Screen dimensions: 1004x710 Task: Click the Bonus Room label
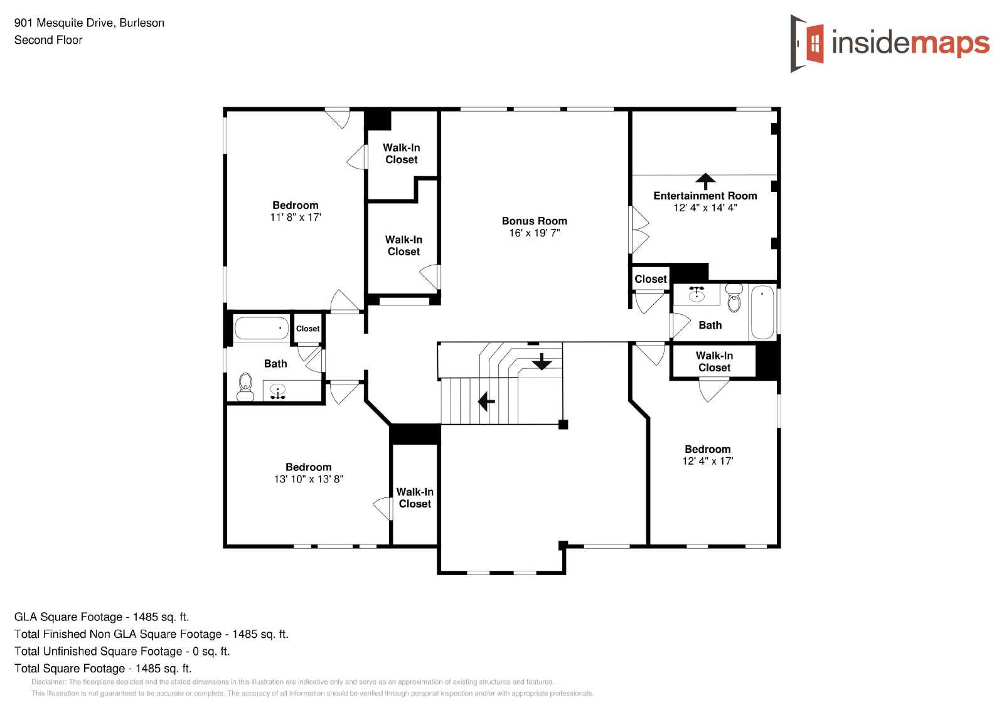(534, 221)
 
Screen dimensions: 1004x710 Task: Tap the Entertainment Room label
(705, 196)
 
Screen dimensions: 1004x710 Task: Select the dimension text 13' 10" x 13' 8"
(308, 479)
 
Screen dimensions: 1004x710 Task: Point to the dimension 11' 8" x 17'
(296, 217)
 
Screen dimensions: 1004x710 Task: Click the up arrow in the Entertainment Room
(705, 181)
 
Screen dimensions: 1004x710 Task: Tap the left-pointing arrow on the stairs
(486, 401)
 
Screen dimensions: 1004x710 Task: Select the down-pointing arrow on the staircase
(542, 361)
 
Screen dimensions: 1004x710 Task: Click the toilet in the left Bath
(245, 387)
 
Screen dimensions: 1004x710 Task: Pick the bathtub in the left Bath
(261, 329)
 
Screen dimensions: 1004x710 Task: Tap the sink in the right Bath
(696, 294)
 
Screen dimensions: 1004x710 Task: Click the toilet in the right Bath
(734, 298)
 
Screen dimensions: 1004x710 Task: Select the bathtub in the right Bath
(762, 312)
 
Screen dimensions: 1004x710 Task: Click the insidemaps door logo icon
(807, 43)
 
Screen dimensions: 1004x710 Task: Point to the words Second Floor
(48, 40)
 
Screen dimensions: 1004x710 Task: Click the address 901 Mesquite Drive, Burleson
(89, 23)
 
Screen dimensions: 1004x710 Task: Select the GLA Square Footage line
(102, 617)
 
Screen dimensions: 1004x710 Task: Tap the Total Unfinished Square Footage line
(122, 651)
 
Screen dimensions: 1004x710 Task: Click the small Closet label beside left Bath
(307, 329)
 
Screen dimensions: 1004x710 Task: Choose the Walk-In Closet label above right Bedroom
(714, 361)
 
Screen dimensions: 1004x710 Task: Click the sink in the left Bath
(277, 391)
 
